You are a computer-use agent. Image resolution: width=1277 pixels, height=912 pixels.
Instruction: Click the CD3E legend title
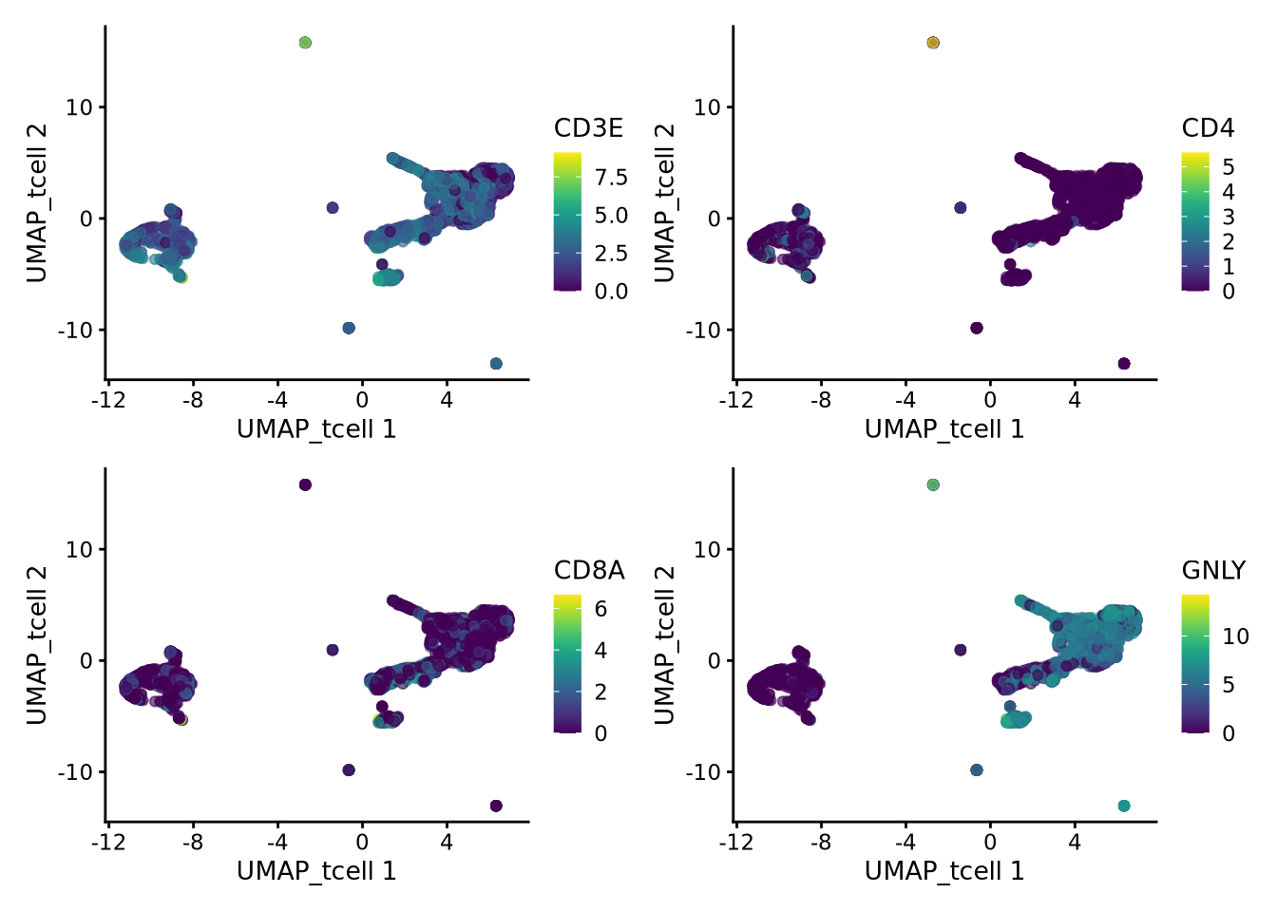(x=588, y=128)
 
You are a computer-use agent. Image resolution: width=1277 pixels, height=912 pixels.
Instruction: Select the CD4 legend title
(x=1208, y=128)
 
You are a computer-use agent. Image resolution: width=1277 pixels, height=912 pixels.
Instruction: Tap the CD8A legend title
(x=589, y=570)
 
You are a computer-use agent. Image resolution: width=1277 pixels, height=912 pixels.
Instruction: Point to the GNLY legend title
(x=1213, y=570)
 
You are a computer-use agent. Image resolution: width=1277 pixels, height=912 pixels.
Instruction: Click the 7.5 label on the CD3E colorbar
(x=611, y=178)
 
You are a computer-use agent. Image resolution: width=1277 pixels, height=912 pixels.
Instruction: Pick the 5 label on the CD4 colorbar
(x=1229, y=168)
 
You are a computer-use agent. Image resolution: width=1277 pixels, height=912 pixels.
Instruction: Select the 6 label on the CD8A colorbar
(x=600, y=609)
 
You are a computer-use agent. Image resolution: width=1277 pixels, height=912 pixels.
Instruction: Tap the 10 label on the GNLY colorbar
(x=1235, y=636)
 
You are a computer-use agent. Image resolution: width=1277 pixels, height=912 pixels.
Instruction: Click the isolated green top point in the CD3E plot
(x=305, y=43)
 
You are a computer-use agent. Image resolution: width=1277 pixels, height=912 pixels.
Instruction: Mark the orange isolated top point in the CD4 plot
(x=933, y=43)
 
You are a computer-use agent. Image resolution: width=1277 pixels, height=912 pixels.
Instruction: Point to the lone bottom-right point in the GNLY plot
(x=1124, y=806)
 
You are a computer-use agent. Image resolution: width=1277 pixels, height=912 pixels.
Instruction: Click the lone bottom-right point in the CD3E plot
(x=496, y=364)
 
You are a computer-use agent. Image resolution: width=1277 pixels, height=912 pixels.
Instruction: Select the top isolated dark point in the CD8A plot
(x=305, y=484)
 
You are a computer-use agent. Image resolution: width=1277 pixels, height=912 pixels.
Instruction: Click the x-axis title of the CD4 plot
(x=944, y=429)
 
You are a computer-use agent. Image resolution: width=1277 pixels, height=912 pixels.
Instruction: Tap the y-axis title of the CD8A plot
(x=36, y=645)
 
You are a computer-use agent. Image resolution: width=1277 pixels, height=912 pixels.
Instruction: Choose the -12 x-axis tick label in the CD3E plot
(x=108, y=400)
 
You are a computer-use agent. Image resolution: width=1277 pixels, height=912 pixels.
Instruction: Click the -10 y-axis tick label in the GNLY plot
(x=704, y=772)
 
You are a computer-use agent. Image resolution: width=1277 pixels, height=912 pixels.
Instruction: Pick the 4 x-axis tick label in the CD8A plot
(x=447, y=842)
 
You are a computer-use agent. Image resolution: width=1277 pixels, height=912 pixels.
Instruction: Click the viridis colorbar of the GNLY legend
(x=1195, y=664)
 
